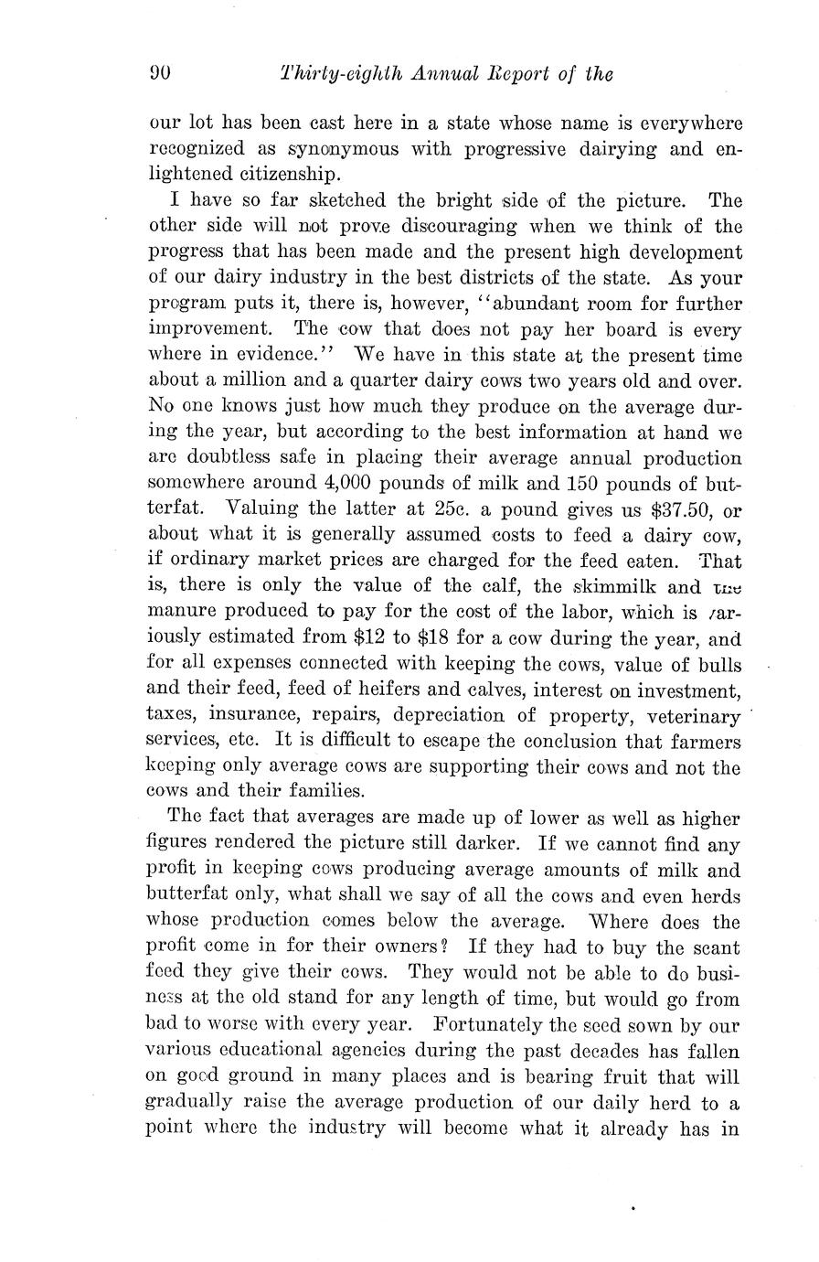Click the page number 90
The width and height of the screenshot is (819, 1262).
point(161,74)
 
